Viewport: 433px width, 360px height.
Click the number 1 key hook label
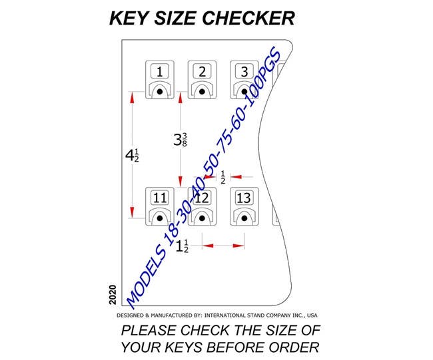(x=160, y=71)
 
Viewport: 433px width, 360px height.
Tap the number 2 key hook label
(x=203, y=71)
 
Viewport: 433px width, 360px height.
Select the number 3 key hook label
(x=244, y=71)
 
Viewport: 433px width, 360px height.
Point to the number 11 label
(x=160, y=198)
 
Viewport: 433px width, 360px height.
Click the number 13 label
(x=244, y=198)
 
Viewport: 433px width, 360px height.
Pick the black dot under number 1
(x=160, y=92)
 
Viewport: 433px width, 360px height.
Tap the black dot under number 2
(x=203, y=92)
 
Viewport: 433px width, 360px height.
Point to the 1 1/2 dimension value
(x=182, y=246)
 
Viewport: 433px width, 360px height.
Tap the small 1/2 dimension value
(x=222, y=177)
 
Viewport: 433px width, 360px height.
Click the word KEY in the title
(x=128, y=18)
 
